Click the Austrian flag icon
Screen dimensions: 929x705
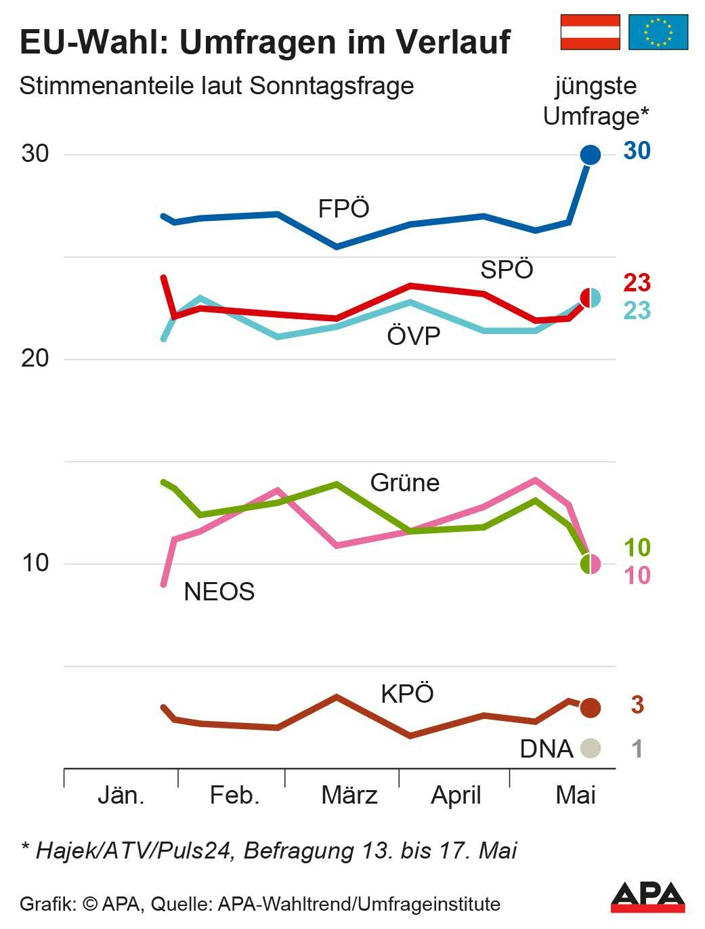[x=590, y=33]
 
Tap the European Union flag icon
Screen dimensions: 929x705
[x=658, y=33]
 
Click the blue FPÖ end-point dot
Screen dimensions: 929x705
[x=591, y=154]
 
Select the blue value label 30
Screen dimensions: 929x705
[x=637, y=151]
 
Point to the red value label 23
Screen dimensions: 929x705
[x=637, y=283]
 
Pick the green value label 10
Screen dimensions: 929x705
[x=637, y=548]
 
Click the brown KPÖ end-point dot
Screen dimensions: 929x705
[x=591, y=707]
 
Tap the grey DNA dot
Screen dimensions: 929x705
[x=591, y=748]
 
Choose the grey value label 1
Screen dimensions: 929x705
[x=637, y=749]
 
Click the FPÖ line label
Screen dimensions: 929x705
[x=343, y=209]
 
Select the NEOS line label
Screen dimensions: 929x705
[x=219, y=592]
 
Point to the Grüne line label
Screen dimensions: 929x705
[x=405, y=483]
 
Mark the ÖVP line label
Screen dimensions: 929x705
[x=413, y=335]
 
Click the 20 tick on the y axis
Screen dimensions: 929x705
[x=35, y=358]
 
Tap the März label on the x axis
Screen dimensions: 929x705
[x=349, y=795]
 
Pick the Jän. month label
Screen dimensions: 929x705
[x=121, y=795]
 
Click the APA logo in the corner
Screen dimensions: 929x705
[x=647, y=897]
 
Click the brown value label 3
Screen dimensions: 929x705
[x=637, y=705]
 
